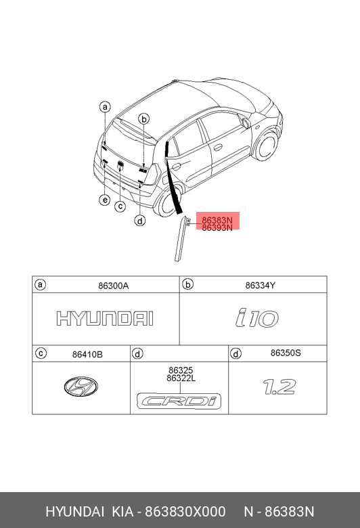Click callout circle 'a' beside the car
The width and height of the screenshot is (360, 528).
point(105,107)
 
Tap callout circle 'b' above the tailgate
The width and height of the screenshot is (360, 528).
point(144,119)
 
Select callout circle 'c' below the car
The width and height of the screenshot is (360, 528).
point(120,206)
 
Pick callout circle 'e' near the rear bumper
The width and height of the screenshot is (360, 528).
point(105,200)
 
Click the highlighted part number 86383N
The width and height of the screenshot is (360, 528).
point(217,220)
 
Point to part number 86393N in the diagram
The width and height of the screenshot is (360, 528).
point(217,228)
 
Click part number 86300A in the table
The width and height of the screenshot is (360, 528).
point(114,286)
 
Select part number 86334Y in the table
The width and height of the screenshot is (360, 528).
point(261,286)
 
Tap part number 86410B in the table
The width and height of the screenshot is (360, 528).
point(87,354)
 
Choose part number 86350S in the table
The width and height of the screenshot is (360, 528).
point(286,353)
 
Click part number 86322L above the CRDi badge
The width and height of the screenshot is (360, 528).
point(181,378)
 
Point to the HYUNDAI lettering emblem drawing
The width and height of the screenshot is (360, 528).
point(105,319)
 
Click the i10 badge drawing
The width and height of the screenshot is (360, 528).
point(257,318)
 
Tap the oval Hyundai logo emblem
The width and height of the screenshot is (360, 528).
point(81,387)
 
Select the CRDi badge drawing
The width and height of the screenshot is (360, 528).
point(179,401)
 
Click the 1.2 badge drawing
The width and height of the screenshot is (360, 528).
point(279,387)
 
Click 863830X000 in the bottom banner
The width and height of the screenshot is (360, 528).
point(185,512)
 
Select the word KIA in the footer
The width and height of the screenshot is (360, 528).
point(122,512)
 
